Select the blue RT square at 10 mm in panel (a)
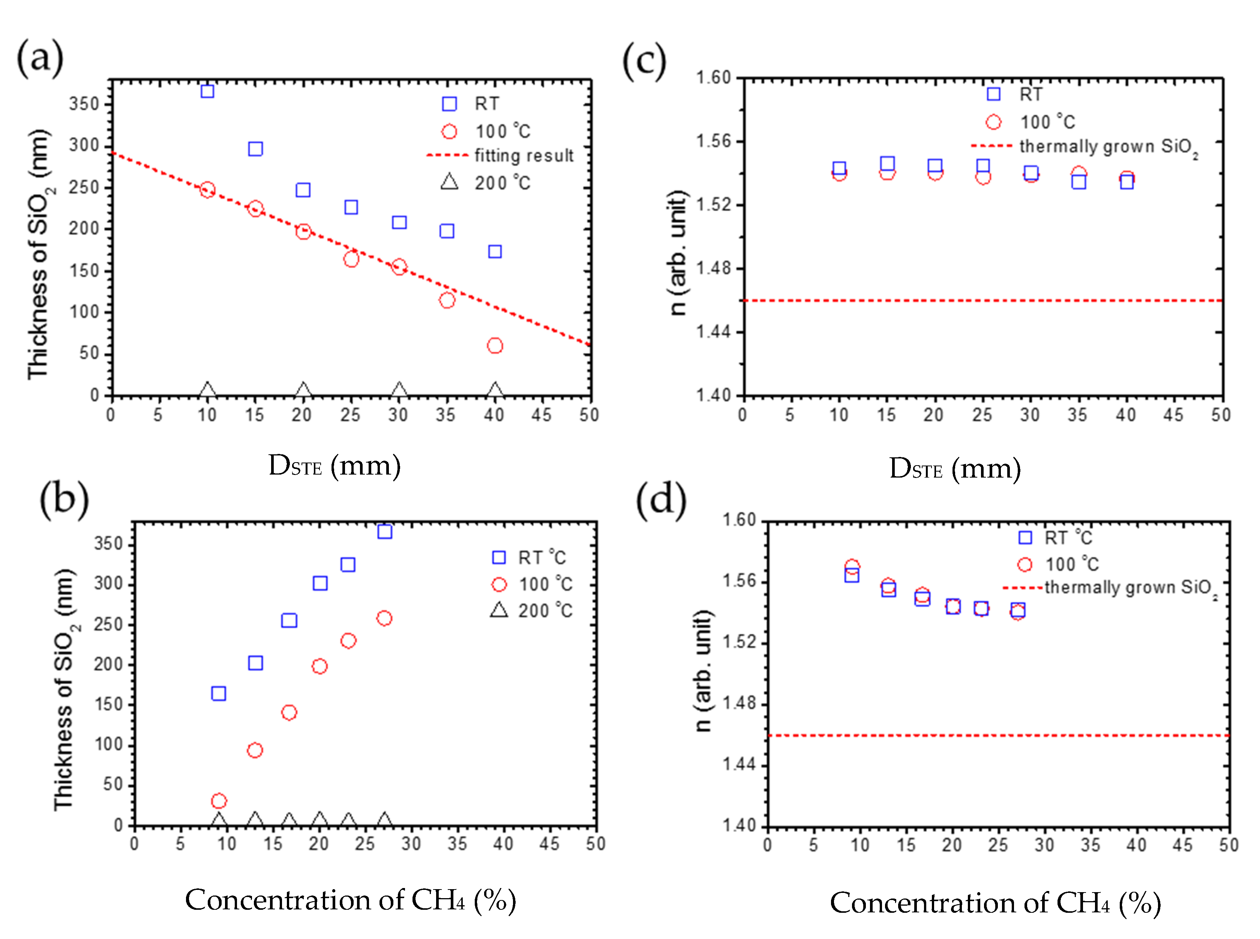[x=207, y=91]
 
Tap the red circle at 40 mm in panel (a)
[x=495, y=346]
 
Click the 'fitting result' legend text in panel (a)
[x=523, y=155]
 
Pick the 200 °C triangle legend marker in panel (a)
[x=449, y=182]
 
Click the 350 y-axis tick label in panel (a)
[x=84, y=104]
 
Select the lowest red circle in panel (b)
[x=219, y=801]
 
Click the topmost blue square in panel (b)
[x=385, y=532]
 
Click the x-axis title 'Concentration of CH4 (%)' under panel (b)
[x=350, y=900]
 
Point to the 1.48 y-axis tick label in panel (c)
[x=714, y=268]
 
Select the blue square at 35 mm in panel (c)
[x=1078, y=182]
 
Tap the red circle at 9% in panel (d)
[x=852, y=567]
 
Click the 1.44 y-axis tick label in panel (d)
[x=739, y=764]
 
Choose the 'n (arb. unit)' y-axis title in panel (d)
[x=703, y=671]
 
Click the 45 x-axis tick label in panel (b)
[x=549, y=843]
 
